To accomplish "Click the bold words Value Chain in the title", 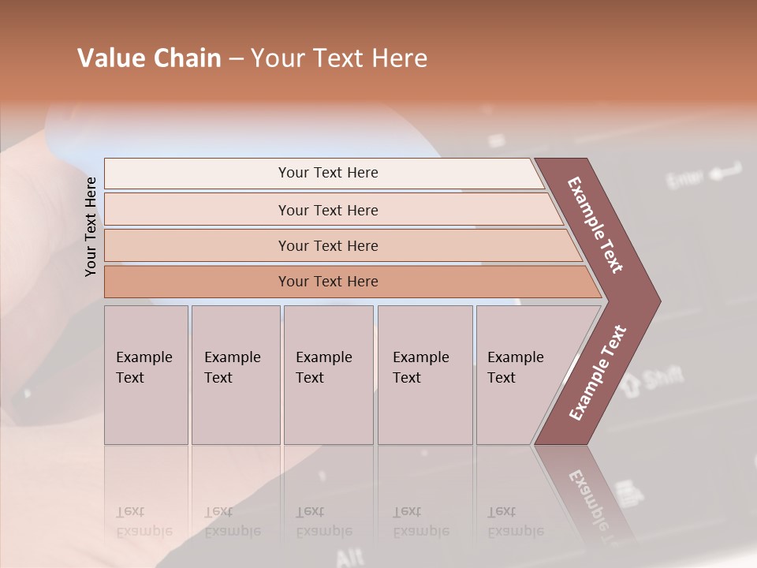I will (149, 58).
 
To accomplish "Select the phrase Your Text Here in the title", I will (339, 58).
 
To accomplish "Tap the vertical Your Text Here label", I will (91, 226).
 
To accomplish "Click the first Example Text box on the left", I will (146, 375).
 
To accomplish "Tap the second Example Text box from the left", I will (235, 375).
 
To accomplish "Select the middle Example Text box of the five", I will (328, 375).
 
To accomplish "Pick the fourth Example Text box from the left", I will (425, 375).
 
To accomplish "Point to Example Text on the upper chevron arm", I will (596, 225).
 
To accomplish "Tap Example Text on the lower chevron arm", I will (598, 373).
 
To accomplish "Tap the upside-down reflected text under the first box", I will (144, 521).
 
